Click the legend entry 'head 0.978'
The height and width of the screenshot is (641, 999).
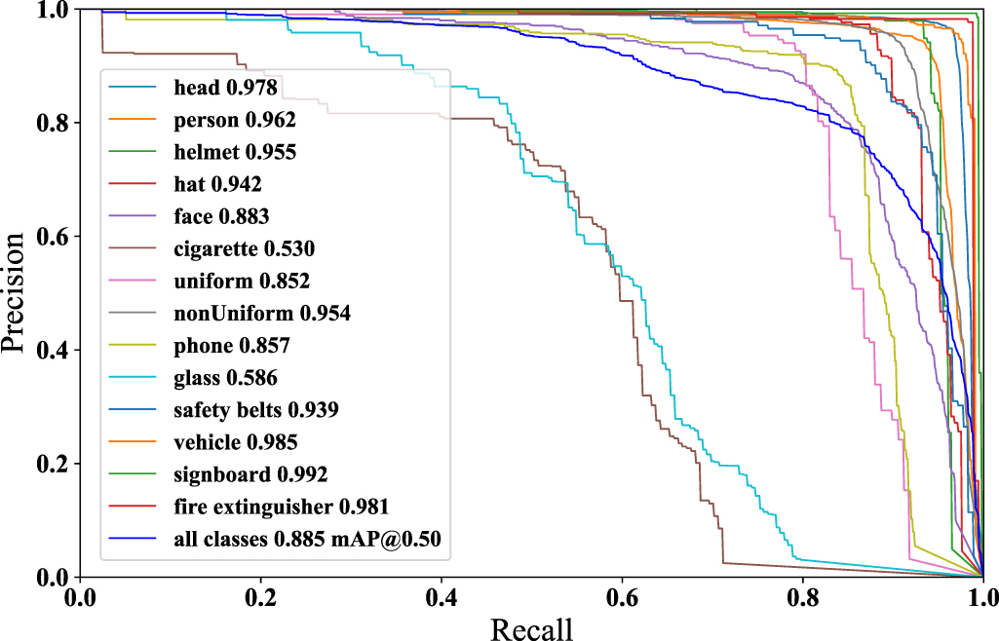click(x=225, y=88)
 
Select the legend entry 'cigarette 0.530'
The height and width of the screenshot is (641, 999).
click(x=244, y=249)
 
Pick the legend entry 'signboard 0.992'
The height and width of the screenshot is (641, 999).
click(x=250, y=474)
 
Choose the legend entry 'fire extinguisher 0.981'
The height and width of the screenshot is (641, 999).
click(x=282, y=507)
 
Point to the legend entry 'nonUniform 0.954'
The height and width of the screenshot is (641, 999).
click(x=261, y=314)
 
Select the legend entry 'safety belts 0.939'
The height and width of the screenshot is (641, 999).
click(x=256, y=410)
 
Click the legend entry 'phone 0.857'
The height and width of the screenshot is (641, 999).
click(x=232, y=346)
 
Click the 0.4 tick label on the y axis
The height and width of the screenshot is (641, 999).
click(x=53, y=350)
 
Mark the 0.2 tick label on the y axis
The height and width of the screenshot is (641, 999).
click(x=53, y=464)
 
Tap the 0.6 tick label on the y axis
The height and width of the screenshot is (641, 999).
click(x=53, y=236)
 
